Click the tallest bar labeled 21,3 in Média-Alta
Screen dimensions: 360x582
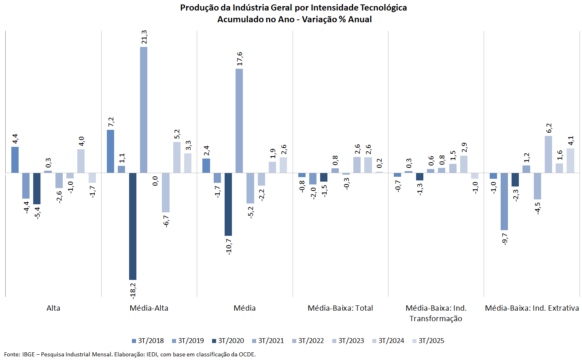click(x=144, y=110)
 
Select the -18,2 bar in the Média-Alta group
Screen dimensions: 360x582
click(x=133, y=226)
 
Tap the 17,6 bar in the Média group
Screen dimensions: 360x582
click(x=239, y=121)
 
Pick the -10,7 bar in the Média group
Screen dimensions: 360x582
click(x=228, y=204)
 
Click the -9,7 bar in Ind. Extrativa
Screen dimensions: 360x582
click(x=504, y=201)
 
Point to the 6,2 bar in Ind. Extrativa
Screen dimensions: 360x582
click(x=548, y=154)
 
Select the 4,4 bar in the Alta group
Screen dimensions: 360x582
click(x=15, y=160)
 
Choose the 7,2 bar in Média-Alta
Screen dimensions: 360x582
click(x=110, y=151)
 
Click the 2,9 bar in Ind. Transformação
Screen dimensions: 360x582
click(x=464, y=164)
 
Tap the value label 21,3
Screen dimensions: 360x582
click(x=144, y=37)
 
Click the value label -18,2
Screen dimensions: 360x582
click(x=133, y=290)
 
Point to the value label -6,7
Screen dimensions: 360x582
click(x=166, y=221)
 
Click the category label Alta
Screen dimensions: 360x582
click(x=53, y=308)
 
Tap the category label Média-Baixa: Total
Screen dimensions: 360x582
click(x=340, y=308)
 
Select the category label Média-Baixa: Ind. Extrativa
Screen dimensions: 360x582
click(x=532, y=308)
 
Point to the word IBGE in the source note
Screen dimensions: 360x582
click(x=28, y=354)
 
